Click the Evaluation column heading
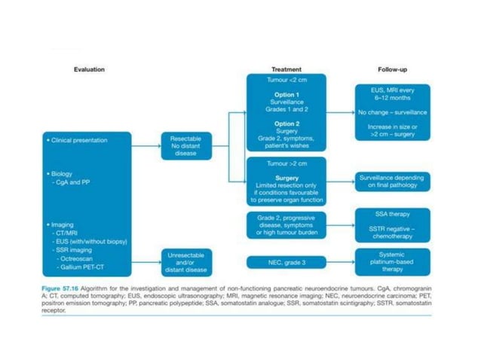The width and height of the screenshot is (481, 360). click(89, 69)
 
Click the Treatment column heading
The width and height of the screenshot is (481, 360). click(286, 69)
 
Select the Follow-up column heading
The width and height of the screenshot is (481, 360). click(393, 69)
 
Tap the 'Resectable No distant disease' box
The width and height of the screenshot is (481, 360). click(186, 146)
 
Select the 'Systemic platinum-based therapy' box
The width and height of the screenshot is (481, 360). click(392, 261)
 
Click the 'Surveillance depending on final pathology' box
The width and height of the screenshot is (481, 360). click(392, 181)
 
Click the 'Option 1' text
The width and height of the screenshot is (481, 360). click(286, 95)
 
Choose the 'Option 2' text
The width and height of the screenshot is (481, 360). click(286, 123)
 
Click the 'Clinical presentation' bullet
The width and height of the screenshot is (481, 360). click(78, 140)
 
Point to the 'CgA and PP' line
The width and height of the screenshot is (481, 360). click(72, 182)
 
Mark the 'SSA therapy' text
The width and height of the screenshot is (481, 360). click(392, 215)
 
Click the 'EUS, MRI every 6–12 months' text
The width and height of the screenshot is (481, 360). click(392, 94)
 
